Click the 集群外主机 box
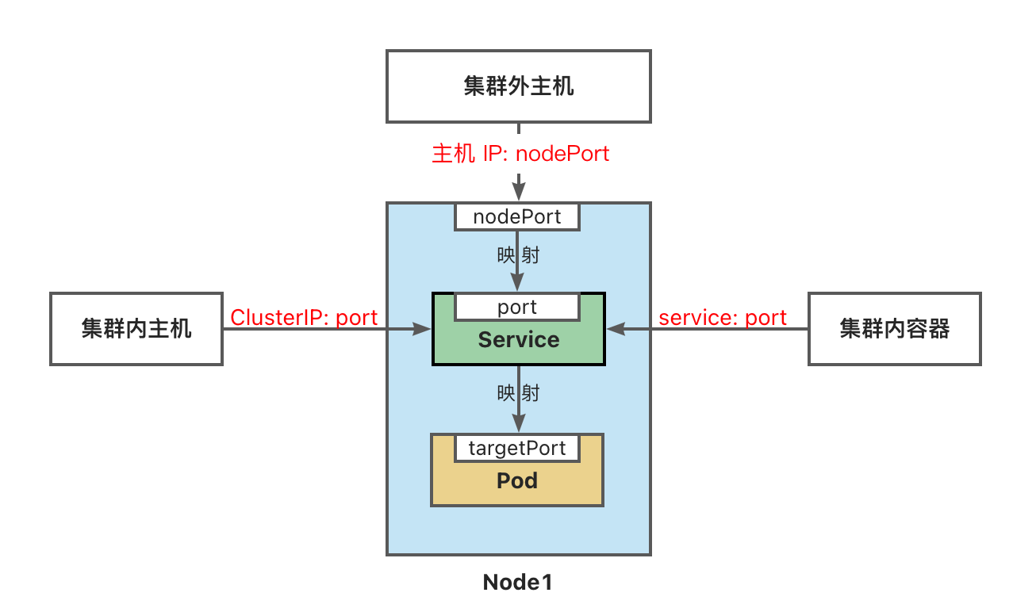pyautogui.click(x=518, y=86)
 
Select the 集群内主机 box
pyautogui.click(x=136, y=328)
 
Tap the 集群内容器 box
pyautogui.click(x=894, y=328)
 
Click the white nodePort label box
pyautogui.click(x=517, y=216)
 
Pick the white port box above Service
pyautogui.click(x=517, y=307)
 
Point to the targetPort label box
pyautogui.click(x=517, y=448)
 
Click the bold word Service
pyautogui.click(x=518, y=340)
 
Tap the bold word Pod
pyautogui.click(x=517, y=480)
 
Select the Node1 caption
pyautogui.click(x=517, y=583)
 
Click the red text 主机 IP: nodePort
pyautogui.click(x=520, y=153)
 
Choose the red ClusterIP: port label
pyautogui.click(x=304, y=318)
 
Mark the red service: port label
pyautogui.click(x=723, y=318)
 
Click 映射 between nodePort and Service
pyautogui.click(x=519, y=256)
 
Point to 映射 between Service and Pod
pyautogui.click(x=519, y=392)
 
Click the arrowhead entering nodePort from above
pyautogui.click(x=518, y=193)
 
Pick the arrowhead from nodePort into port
pyautogui.click(x=518, y=283)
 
